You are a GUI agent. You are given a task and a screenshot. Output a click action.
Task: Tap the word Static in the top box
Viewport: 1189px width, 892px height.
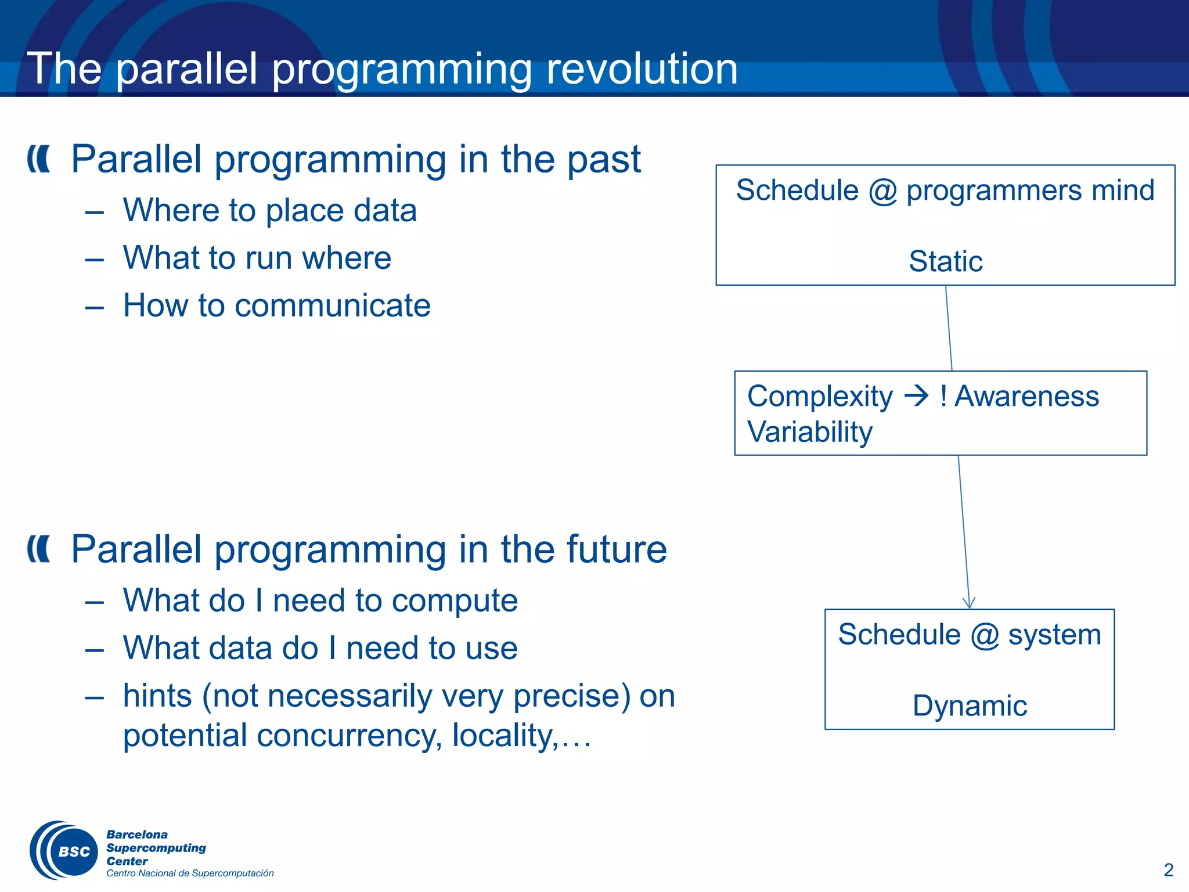click(945, 261)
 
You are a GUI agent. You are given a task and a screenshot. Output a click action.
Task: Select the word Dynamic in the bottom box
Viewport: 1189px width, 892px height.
click(970, 706)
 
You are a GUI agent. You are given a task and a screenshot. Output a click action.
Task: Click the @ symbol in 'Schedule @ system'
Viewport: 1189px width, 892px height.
click(985, 635)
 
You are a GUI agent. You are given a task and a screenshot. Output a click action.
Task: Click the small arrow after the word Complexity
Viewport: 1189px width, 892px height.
click(917, 397)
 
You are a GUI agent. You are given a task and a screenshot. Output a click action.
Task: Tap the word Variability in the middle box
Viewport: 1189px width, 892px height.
click(810, 432)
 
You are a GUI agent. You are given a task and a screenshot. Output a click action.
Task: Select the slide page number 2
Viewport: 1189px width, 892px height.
click(1168, 870)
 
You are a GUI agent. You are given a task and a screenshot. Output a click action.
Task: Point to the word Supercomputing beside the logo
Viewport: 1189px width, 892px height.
click(156, 848)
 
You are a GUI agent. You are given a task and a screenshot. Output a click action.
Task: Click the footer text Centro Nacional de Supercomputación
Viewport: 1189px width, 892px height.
click(190, 873)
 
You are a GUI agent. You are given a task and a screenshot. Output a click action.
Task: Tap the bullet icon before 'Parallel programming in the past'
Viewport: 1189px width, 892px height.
click(39, 159)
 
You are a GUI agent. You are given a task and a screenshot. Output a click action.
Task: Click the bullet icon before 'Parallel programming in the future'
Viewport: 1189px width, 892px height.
click(39, 549)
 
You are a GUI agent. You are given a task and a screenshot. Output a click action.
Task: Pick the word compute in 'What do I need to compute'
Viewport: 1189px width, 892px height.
click(454, 600)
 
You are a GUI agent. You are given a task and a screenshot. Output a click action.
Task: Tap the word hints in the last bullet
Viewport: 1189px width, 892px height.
click(157, 696)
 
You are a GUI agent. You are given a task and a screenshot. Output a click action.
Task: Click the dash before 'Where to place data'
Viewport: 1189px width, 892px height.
click(94, 211)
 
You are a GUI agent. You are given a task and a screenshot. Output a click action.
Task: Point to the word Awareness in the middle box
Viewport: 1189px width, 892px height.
click(1026, 397)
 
